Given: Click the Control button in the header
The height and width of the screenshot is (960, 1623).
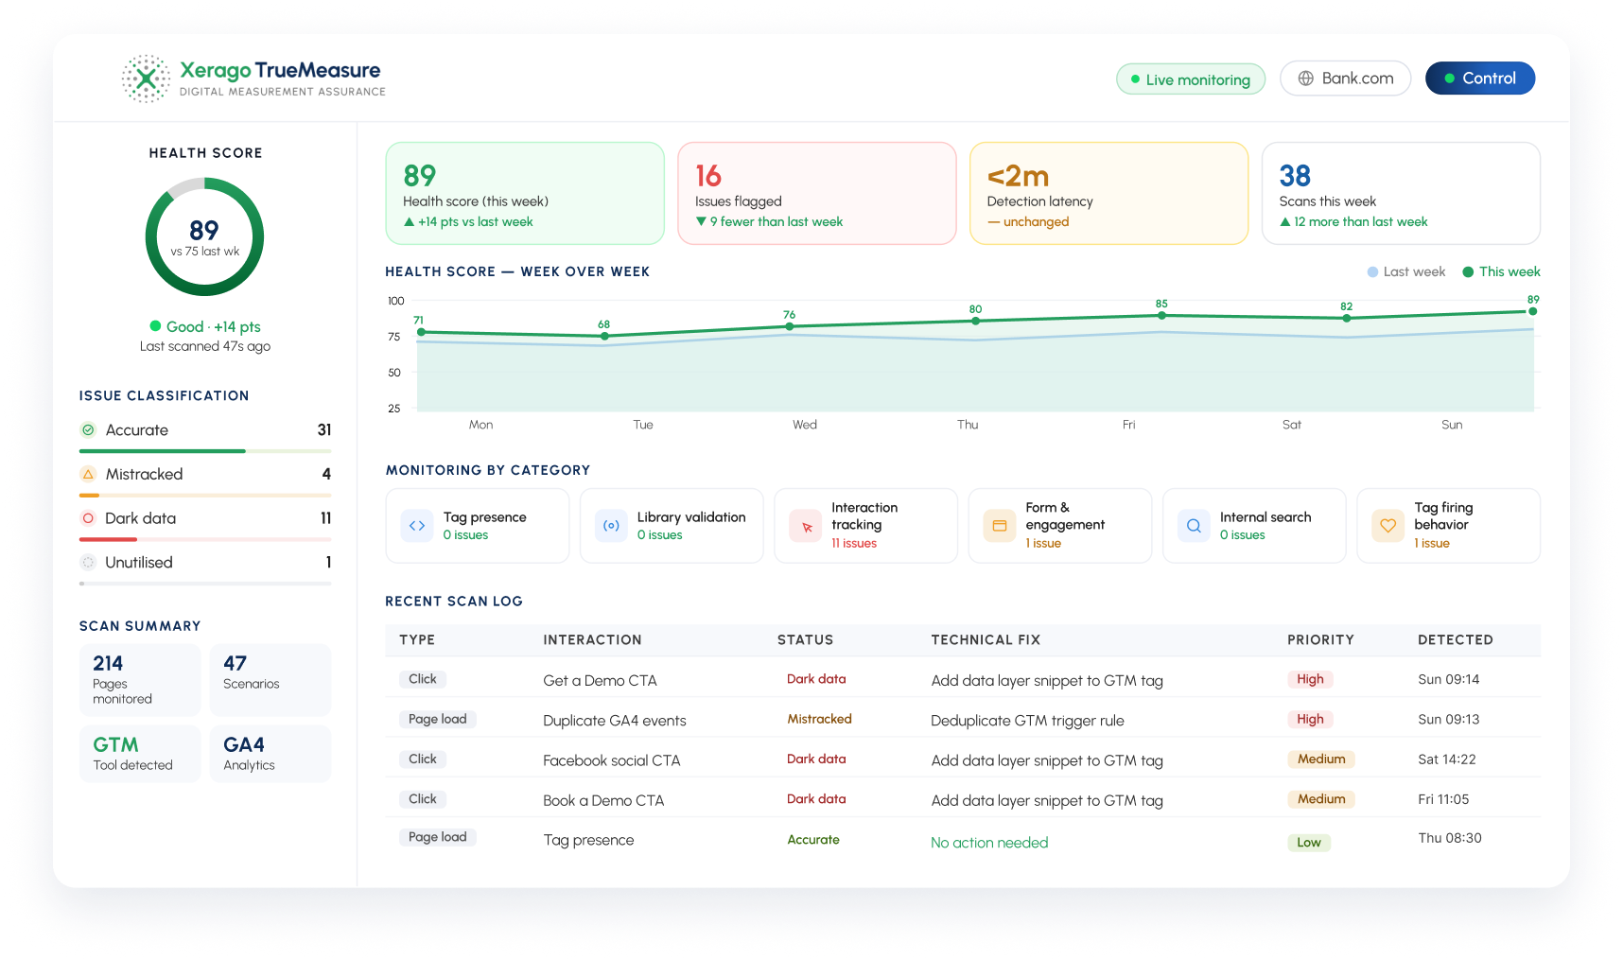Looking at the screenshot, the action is coord(1479,79).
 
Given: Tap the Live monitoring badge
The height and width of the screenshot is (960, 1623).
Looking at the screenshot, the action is coord(1190,79).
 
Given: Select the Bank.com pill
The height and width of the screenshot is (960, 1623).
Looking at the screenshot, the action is coord(1345,79).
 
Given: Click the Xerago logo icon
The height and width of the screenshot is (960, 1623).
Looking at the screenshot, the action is coord(146,79).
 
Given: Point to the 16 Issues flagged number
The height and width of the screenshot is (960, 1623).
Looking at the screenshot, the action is coord(707,176).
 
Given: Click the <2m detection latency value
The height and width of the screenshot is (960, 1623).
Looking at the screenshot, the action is coord(1018,176).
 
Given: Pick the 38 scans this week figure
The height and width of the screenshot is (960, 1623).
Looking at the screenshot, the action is coord(1295,176).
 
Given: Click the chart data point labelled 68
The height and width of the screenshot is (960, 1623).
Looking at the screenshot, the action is coord(603,336).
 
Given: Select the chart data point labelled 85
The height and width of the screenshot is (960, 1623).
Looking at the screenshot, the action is coord(1161,315).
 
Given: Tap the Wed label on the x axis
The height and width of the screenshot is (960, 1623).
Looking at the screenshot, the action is coord(805,425).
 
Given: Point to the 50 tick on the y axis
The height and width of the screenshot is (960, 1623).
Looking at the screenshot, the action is coord(394,373).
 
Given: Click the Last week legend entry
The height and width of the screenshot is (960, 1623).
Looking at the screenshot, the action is coord(1406,271).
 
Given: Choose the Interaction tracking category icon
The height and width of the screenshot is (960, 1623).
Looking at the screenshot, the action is coord(807,526).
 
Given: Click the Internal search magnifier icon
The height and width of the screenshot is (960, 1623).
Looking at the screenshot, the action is coord(1194,526).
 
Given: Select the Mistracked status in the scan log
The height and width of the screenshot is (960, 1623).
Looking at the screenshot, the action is coord(819,719).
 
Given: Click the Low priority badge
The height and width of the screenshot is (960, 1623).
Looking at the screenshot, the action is coord(1309,842).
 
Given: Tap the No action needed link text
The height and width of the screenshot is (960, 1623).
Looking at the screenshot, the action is coord(989,842).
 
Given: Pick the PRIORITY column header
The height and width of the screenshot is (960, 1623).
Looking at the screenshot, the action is coord(1320,639).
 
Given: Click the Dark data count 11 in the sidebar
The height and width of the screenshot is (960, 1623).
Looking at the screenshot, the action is coord(325,518).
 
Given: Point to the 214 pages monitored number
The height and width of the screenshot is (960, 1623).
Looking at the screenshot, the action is coord(108,663).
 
